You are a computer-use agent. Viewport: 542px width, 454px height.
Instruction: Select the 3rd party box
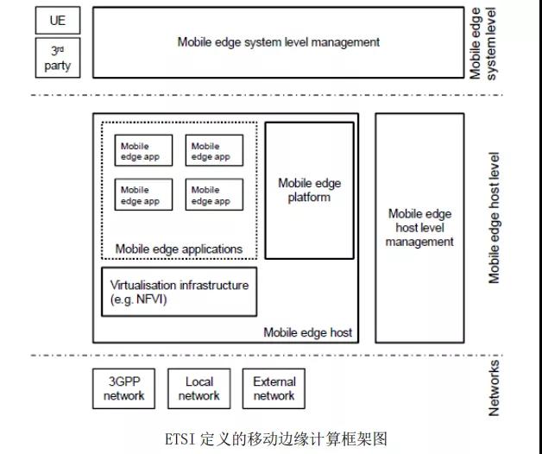[x=58, y=57]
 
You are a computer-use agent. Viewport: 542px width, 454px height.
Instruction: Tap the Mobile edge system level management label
[x=278, y=41]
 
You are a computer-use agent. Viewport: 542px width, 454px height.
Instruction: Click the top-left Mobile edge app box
[x=143, y=151]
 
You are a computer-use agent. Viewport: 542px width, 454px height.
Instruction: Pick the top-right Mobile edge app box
[x=214, y=151]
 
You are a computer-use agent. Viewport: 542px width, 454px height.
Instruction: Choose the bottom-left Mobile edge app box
[x=143, y=195]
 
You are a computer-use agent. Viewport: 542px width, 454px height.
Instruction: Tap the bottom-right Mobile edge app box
[x=214, y=195]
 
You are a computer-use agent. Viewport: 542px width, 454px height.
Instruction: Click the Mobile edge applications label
[x=179, y=249]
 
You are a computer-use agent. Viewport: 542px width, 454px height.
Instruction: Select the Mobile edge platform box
[x=309, y=190]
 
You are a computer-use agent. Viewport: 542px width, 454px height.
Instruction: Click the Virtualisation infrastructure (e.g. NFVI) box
[x=180, y=292]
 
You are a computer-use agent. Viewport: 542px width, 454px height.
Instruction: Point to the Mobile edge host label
[x=307, y=332]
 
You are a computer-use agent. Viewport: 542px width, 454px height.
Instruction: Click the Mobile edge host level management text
[x=419, y=228]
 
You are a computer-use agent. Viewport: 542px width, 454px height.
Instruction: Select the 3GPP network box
[x=124, y=388]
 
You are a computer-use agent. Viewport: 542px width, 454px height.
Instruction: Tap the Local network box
[x=199, y=388]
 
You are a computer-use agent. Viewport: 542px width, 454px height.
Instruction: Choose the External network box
[x=274, y=388]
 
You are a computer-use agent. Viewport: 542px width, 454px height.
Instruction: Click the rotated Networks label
[x=495, y=388]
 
